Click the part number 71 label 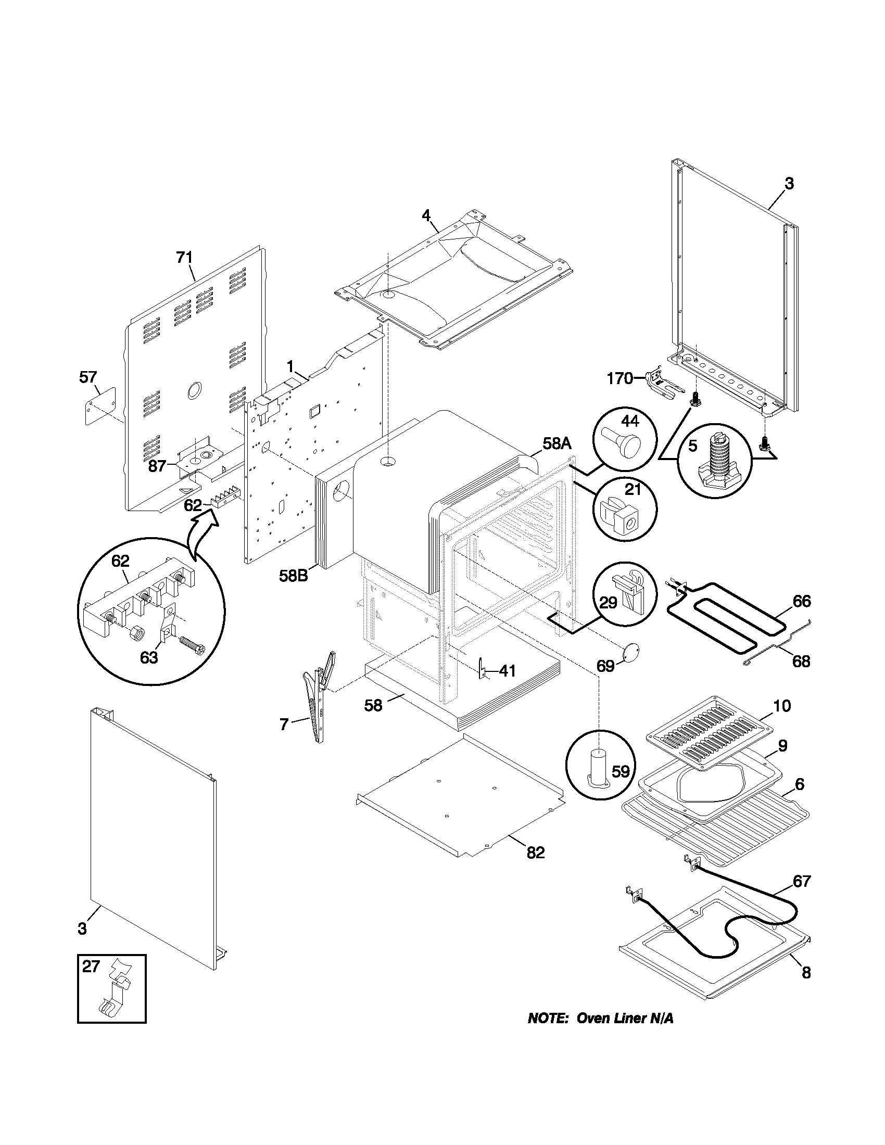pos(184,258)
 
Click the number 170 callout pos(619,378)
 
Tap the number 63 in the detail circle pos(149,657)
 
